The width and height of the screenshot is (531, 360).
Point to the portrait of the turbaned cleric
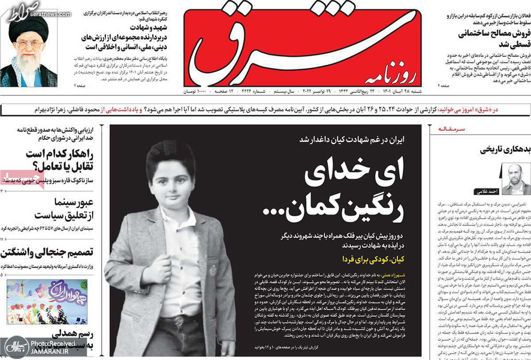point(29,50)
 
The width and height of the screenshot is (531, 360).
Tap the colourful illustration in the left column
point(47,302)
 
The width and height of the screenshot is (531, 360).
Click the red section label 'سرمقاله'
point(451,128)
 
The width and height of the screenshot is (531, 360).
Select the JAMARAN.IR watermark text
point(52,352)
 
